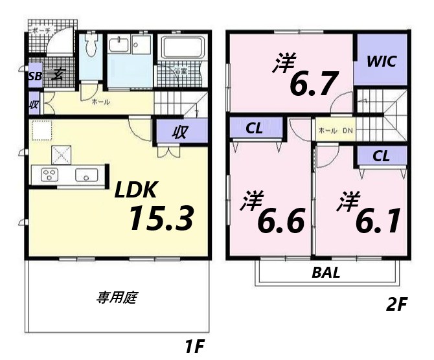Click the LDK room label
(x=136, y=190)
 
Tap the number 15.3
(x=161, y=218)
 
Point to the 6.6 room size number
(x=280, y=222)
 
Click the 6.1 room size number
(x=376, y=222)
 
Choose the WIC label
(x=381, y=62)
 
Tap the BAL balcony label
(x=326, y=272)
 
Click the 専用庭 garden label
(x=117, y=298)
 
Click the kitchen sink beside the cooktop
(x=86, y=175)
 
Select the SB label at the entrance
(x=34, y=74)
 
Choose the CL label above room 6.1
(x=381, y=155)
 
